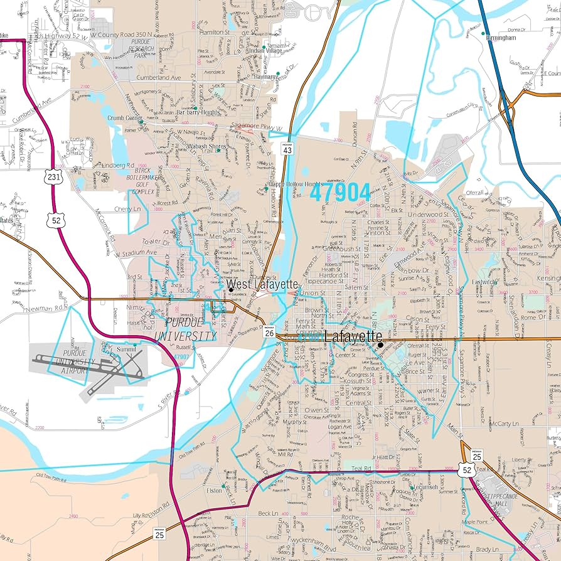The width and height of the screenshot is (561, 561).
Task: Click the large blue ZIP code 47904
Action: tap(339, 193)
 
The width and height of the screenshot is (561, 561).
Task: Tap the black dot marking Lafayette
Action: tap(380, 344)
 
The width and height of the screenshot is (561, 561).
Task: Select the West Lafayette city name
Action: tap(262, 284)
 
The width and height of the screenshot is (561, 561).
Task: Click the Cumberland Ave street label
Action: tap(159, 78)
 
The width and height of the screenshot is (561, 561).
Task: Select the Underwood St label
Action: tap(425, 214)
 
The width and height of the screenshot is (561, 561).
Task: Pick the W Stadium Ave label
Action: tap(135, 252)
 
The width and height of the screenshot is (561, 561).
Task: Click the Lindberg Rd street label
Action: tap(119, 165)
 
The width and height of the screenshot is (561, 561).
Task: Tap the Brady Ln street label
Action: tap(487, 548)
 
